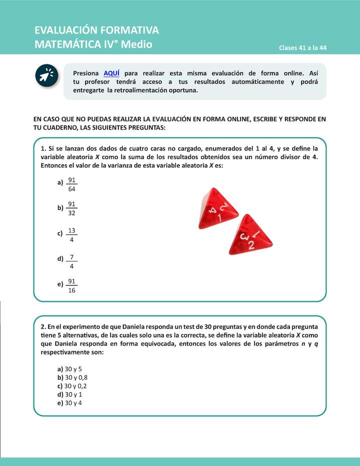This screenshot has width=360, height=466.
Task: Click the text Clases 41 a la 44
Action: pyautogui.click(x=302, y=48)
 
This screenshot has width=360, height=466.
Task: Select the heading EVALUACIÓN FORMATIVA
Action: pyautogui.click(x=96, y=30)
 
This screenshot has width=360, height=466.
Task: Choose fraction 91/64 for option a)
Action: pyautogui.click(x=71, y=184)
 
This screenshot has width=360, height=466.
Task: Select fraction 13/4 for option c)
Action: pyautogui.click(x=71, y=235)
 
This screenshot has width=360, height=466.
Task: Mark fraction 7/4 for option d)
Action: pyautogui.click(x=71, y=261)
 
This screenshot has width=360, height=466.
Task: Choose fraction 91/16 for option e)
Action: pyautogui.click(x=71, y=286)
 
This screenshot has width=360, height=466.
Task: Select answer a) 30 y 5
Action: pyautogui.click(x=69, y=368)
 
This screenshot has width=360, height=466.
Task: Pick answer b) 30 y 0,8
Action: pyautogui.click(x=72, y=377)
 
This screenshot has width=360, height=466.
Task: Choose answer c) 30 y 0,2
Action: pyautogui.click(x=72, y=385)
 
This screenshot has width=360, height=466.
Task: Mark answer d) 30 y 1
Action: pyautogui.click(x=69, y=394)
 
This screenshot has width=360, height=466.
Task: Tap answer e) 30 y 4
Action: pyautogui.click(x=69, y=402)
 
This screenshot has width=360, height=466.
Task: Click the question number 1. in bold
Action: pyautogui.click(x=43, y=149)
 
